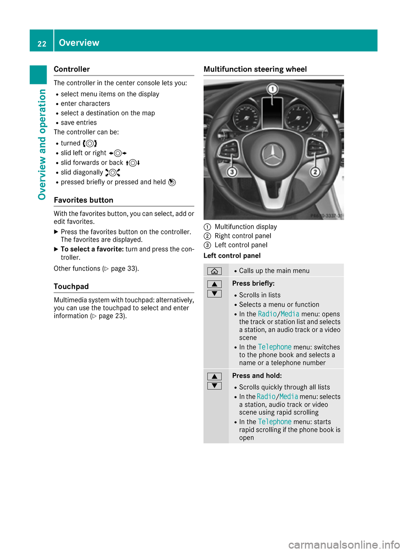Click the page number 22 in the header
[x=42, y=44]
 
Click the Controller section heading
[x=72, y=69]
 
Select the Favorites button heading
[x=84, y=200]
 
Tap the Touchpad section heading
[x=71, y=287]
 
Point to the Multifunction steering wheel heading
[x=255, y=69]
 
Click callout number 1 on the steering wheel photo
[x=272, y=89]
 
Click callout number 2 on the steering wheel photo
[x=315, y=172]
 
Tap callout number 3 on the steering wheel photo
[x=232, y=172]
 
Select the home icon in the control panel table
[x=215, y=271]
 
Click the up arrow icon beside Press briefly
[x=215, y=284]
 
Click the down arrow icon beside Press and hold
[x=215, y=386]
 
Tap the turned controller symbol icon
[x=90, y=143]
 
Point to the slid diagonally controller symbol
[x=113, y=173]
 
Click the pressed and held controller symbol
[x=172, y=182]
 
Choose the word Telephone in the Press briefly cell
[x=275, y=347]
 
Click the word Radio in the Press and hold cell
[x=266, y=397]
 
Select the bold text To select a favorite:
[x=92, y=249]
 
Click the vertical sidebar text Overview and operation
[x=42, y=144]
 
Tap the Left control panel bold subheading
[x=232, y=256]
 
